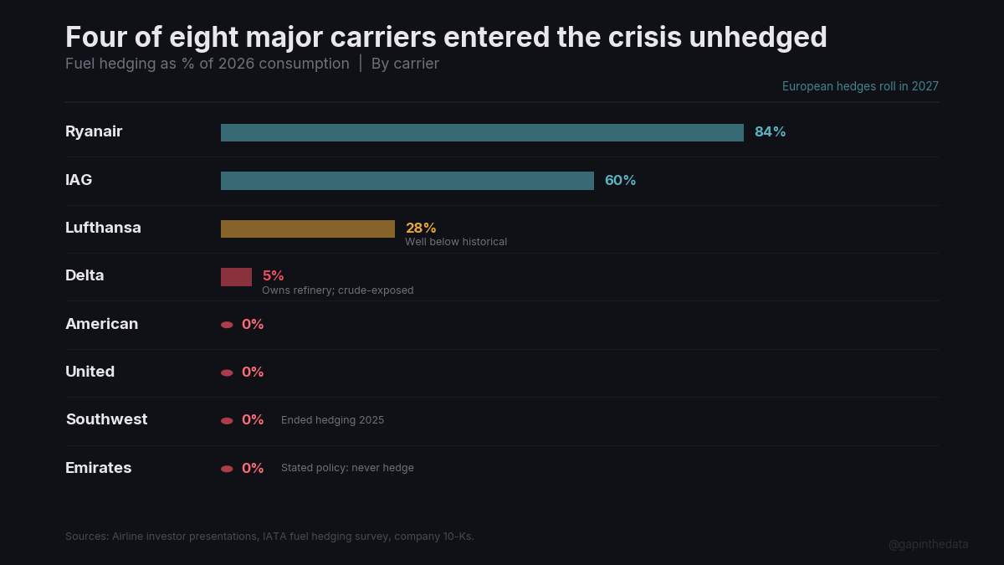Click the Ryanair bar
click(x=482, y=132)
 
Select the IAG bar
click(x=407, y=181)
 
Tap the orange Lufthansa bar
click(x=308, y=229)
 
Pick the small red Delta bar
click(x=236, y=277)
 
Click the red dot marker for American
click(x=227, y=325)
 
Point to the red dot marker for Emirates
click(x=227, y=469)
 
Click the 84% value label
click(x=770, y=132)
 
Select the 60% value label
click(x=620, y=181)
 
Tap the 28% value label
click(x=421, y=228)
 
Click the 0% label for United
click(x=253, y=372)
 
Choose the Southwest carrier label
click(x=106, y=419)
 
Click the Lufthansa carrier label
click(x=103, y=228)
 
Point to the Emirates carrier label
click(x=98, y=468)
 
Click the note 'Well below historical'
click(x=456, y=242)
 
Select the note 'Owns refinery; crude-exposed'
click(x=337, y=290)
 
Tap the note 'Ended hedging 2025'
click(x=332, y=420)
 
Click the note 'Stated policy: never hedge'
click(x=347, y=468)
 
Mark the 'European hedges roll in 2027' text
click(x=860, y=86)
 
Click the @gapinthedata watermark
click(x=928, y=544)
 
